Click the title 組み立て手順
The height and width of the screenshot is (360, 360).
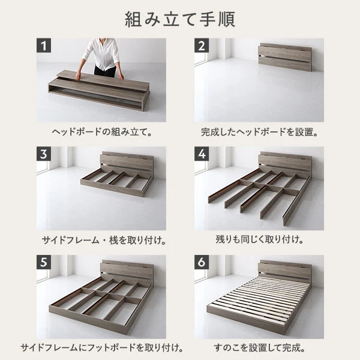pyautogui.click(x=180, y=18)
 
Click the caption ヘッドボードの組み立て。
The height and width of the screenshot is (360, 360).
pyautogui.click(x=101, y=131)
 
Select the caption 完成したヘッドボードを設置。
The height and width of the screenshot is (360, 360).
pyautogui.click(x=259, y=131)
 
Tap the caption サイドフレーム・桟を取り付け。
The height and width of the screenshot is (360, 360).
pyautogui.click(x=101, y=240)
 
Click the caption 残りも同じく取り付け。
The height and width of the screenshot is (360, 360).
pyautogui.click(x=259, y=240)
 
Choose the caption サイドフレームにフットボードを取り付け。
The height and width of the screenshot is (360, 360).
pyautogui.click(x=101, y=348)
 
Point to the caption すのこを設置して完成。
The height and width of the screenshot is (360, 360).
pyautogui.click(x=259, y=348)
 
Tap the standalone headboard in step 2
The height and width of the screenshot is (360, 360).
pyautogui.click(x=284, y=56)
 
